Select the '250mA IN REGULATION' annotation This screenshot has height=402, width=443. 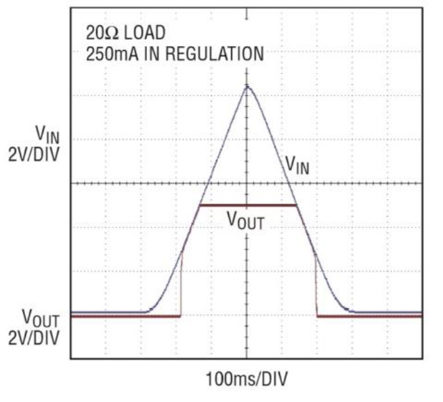pyautogui.click(x=174, y=54)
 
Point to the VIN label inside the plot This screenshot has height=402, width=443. pyautogui.click(x=297, y=164)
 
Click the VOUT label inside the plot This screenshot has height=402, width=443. pyautogui.click(x=245, y=221)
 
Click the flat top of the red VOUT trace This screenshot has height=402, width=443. pyautogui.click(x=247, y=205)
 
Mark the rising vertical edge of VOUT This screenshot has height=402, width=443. pyautogui.click(x=181, y=284)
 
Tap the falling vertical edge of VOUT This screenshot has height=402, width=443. pyautogui.click(x=316, y=284)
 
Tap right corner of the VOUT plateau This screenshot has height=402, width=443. pyautogui.click(x=296, y=205)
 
